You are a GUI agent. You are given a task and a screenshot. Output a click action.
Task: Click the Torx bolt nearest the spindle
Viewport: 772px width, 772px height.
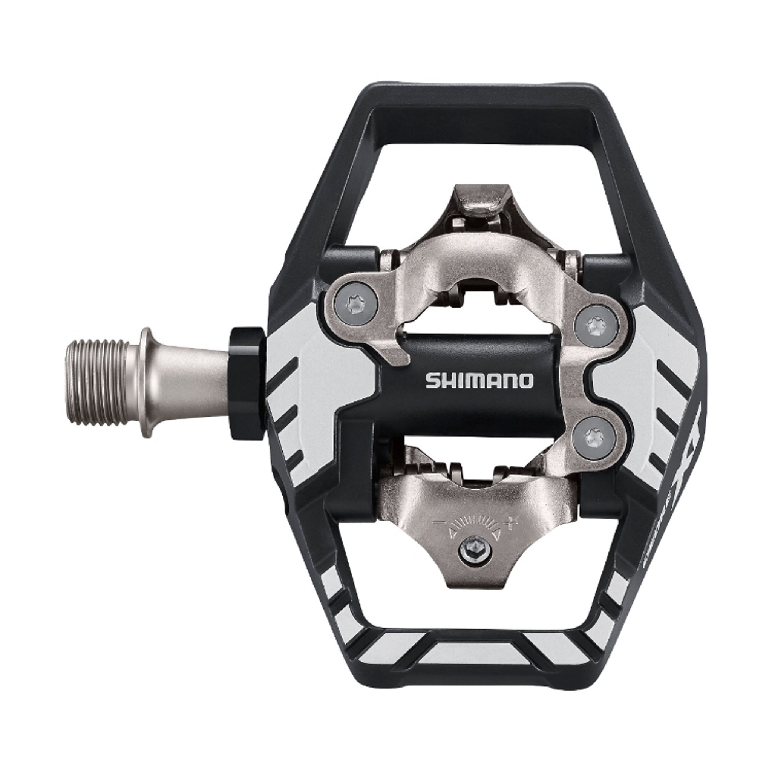tap(354, 295)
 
